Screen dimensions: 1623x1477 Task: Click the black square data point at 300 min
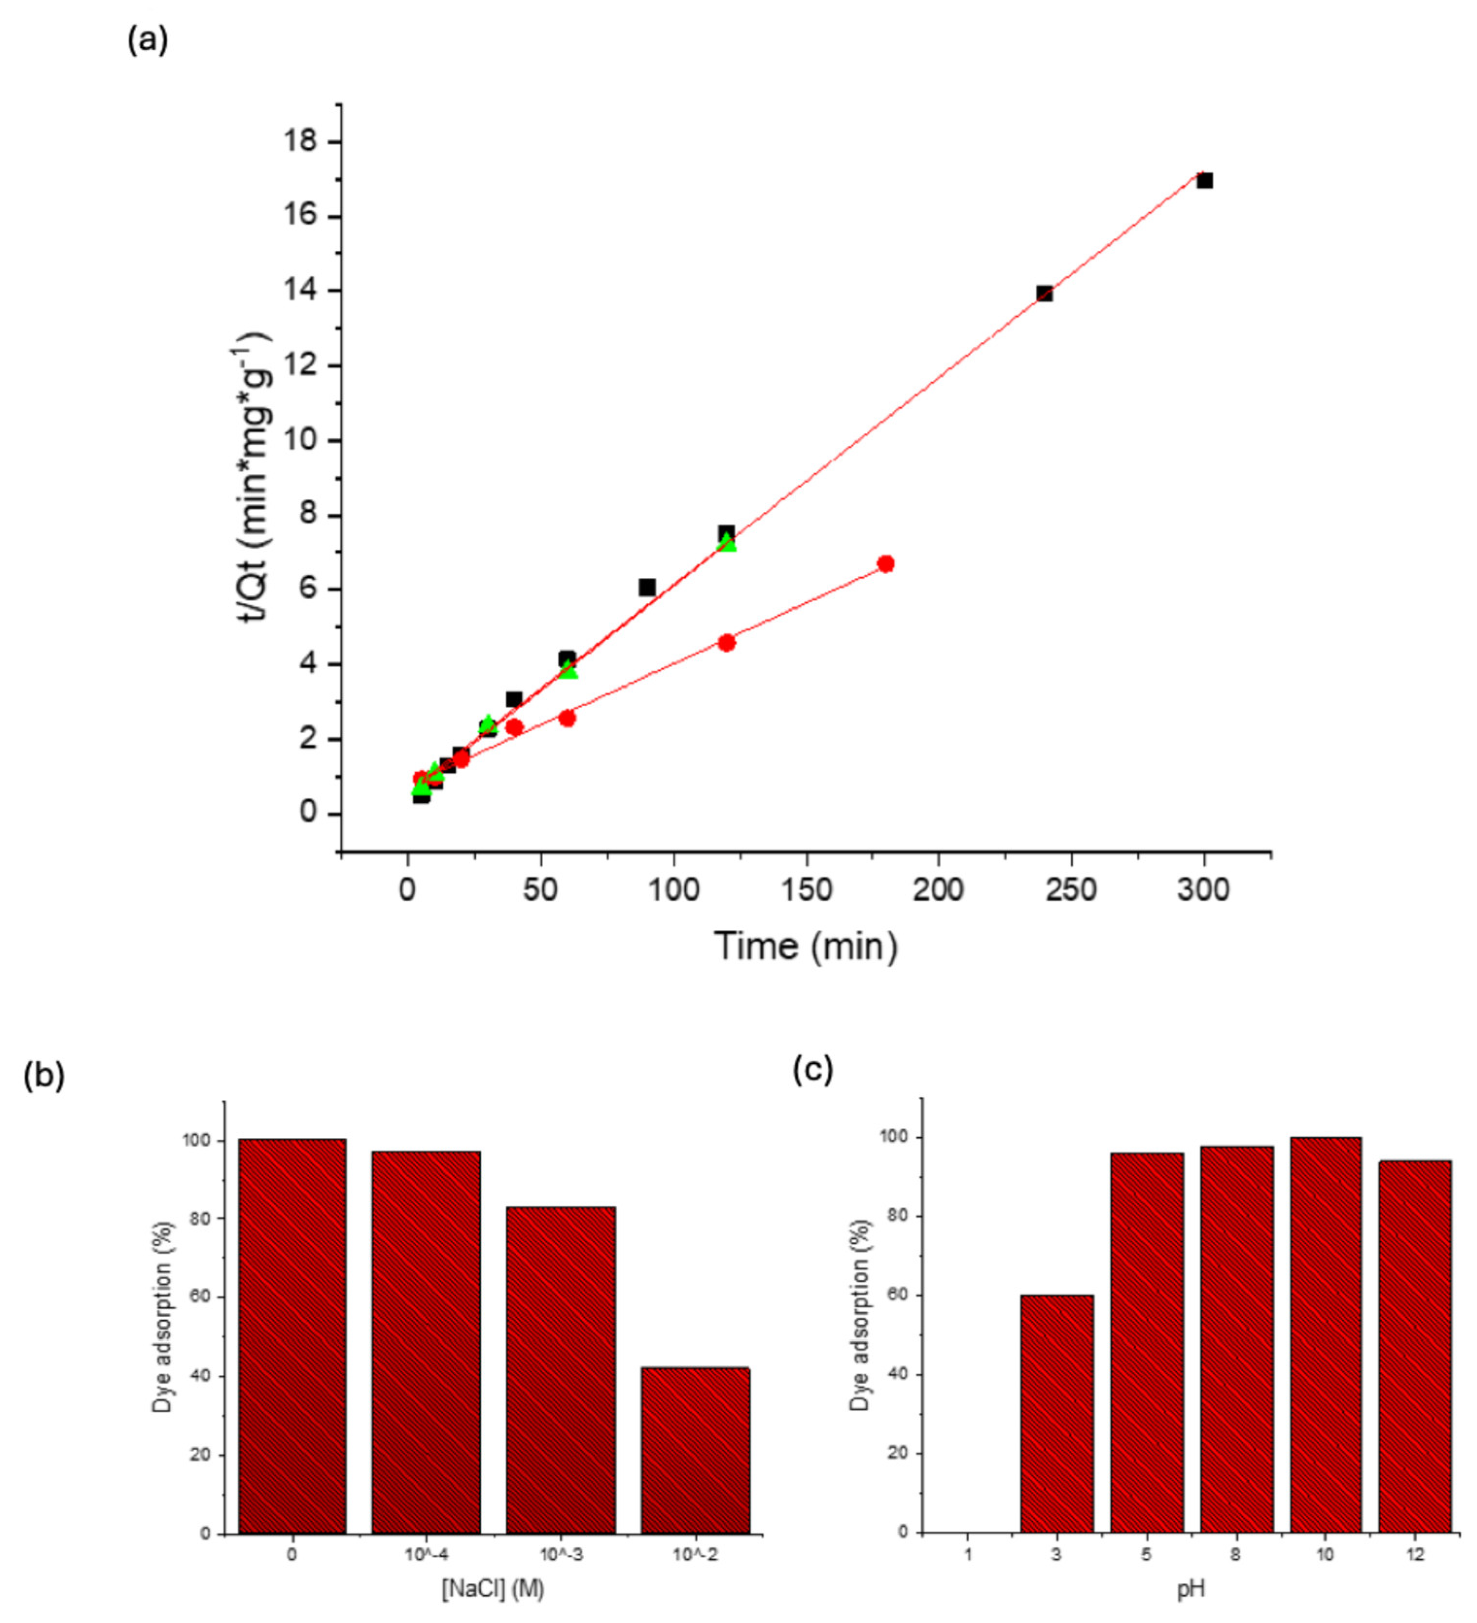coord(1204,180)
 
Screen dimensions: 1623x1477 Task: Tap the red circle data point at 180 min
coord(885,563)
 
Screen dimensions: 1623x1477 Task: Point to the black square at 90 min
coord(647,587)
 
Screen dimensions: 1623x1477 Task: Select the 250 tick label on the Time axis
coord(1071,890)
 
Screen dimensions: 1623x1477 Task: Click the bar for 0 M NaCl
coord(292,1336)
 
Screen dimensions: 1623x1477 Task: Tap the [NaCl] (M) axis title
coord(493,1589)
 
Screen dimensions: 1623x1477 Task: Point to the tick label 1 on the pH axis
coord(967,1554)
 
